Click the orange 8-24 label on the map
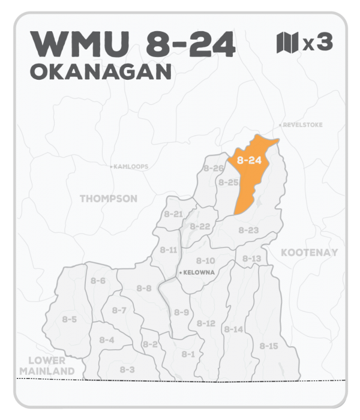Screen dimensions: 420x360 point(249,160)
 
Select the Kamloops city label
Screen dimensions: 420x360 point(131,167)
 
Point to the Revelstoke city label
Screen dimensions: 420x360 point(303,125)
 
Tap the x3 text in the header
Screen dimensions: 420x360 point(317,44)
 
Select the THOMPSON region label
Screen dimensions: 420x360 point(109,199)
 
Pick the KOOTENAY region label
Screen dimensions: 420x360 point(309,253)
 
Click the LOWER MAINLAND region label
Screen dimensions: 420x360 point(47,365)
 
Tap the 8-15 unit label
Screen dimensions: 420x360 point(269,346)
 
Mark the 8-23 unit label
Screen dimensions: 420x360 point(248,230)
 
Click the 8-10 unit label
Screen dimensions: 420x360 point(205,260)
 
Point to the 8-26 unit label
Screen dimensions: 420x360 point(214,168)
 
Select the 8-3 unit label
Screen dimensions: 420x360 point(127,370)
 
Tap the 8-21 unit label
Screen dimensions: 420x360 point(173,214)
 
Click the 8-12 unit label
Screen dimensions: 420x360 point(205,323)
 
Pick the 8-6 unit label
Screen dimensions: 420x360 point(98,281)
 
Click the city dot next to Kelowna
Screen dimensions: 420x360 point(181,273)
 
